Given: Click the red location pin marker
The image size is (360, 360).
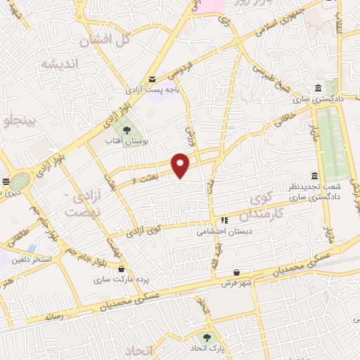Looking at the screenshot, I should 181,165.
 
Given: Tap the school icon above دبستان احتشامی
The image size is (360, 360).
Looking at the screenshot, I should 224,219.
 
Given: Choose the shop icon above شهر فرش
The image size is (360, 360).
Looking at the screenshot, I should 236,272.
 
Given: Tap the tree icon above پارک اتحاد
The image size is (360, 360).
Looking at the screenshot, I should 207,337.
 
